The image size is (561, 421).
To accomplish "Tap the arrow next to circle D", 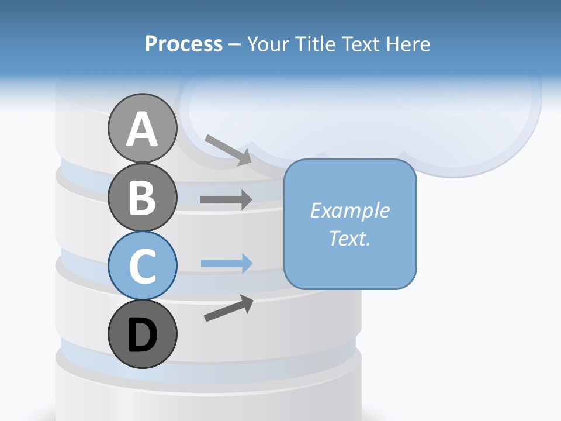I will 228,308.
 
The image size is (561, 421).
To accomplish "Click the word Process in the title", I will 183,44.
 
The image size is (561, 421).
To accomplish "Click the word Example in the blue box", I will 349,210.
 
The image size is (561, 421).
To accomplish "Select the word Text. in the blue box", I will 349,238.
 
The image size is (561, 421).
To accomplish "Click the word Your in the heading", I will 268,44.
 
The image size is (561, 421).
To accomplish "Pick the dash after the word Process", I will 235,44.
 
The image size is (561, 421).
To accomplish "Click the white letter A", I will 143,129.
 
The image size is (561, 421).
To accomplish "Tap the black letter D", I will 142,336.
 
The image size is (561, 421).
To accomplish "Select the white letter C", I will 142,266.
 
